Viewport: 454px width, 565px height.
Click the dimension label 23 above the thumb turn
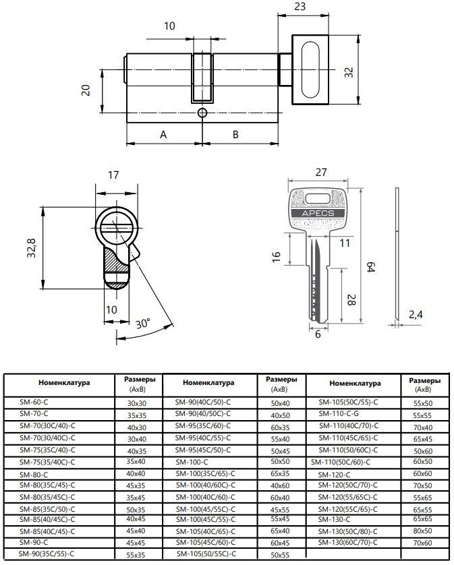tap(300, 7)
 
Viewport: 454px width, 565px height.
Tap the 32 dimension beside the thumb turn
tap(349, 72)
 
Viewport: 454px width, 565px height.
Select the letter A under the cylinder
tap(163, 134)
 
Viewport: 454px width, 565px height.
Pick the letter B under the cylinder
tap(235, 134)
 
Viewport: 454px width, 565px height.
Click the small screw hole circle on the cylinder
tap(202, 113)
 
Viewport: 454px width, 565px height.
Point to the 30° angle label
tap(143, 323)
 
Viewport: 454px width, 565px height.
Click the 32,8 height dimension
tap(32, 247)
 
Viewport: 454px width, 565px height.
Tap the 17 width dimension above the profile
tap(113, 175)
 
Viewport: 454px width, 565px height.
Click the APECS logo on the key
tap(318, 213)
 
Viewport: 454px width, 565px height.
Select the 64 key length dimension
tap(371, 268)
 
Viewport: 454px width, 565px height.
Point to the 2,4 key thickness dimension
tap(416, 314)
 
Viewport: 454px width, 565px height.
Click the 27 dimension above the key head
tap(321, 172)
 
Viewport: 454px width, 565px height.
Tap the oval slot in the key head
tap(318, 199)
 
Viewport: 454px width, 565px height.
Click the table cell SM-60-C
tap(34, 402)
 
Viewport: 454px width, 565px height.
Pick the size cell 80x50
tap(422, 531)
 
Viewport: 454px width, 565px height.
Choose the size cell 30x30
tap(137, 403)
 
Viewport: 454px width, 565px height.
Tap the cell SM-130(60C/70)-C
tap(347, 542)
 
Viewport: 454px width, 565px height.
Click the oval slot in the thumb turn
tap(310, 70)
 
